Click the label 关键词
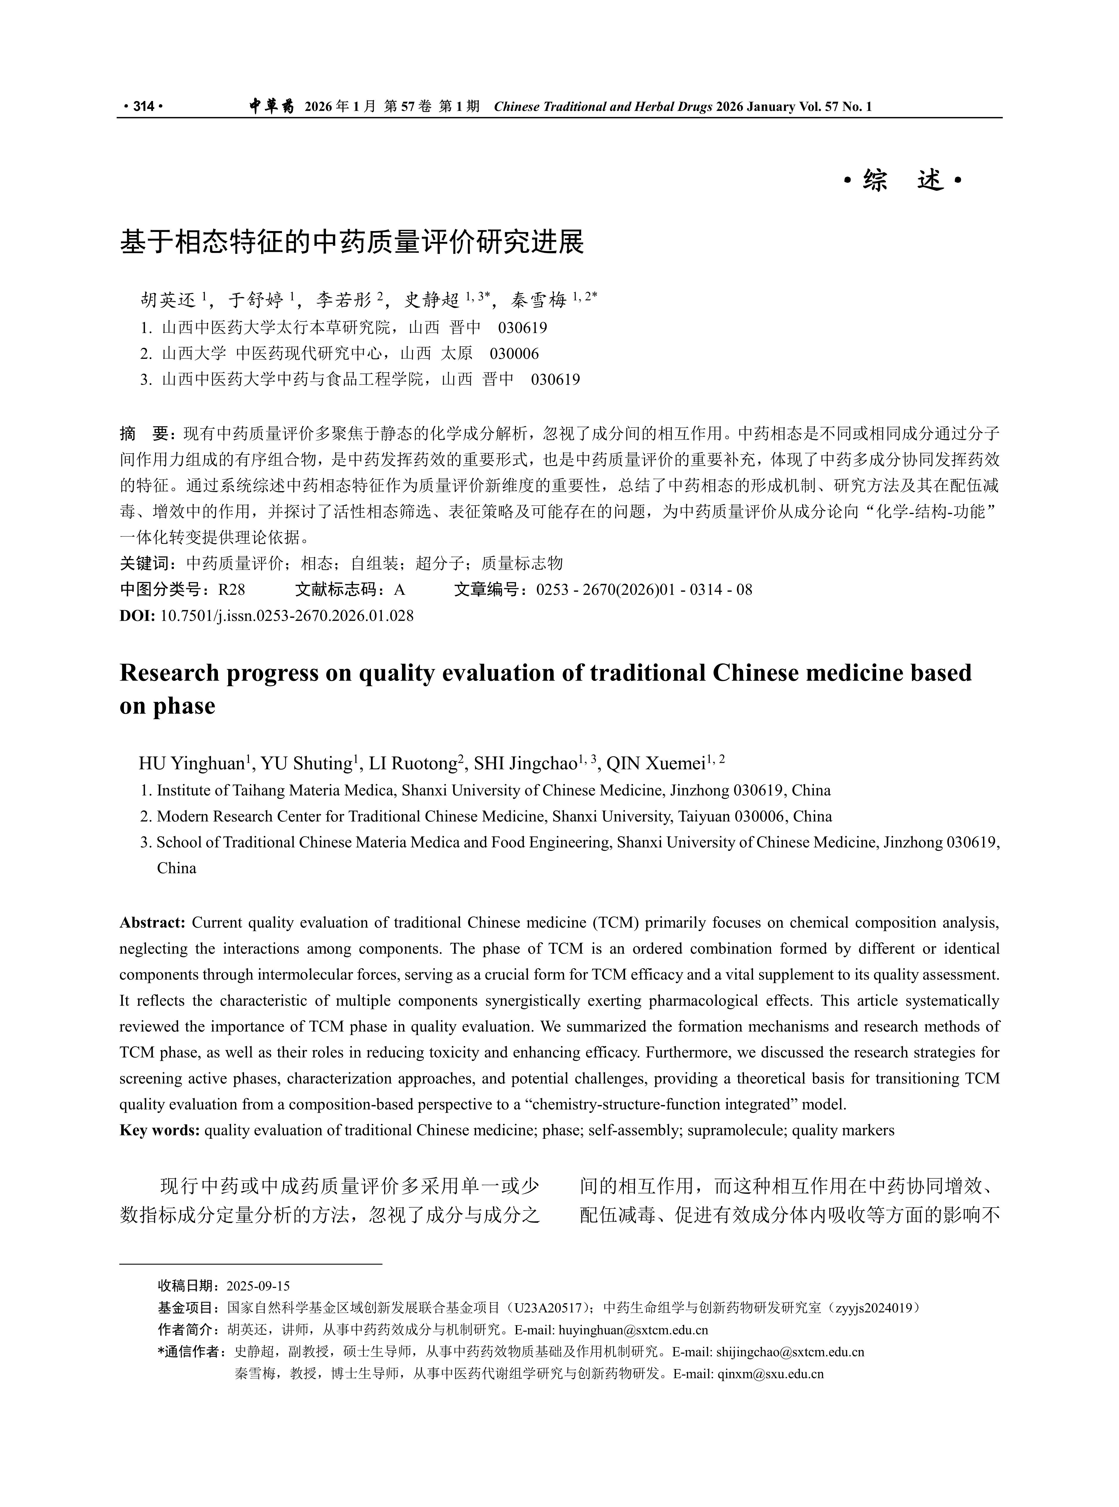tap(145, 563)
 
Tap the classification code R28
tap(232, 590)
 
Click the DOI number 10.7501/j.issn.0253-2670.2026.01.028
tap(287, 615)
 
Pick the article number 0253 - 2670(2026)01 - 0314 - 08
tap(643, 590)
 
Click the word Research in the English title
tap(169, 673)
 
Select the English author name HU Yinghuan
tap(191, 764)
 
